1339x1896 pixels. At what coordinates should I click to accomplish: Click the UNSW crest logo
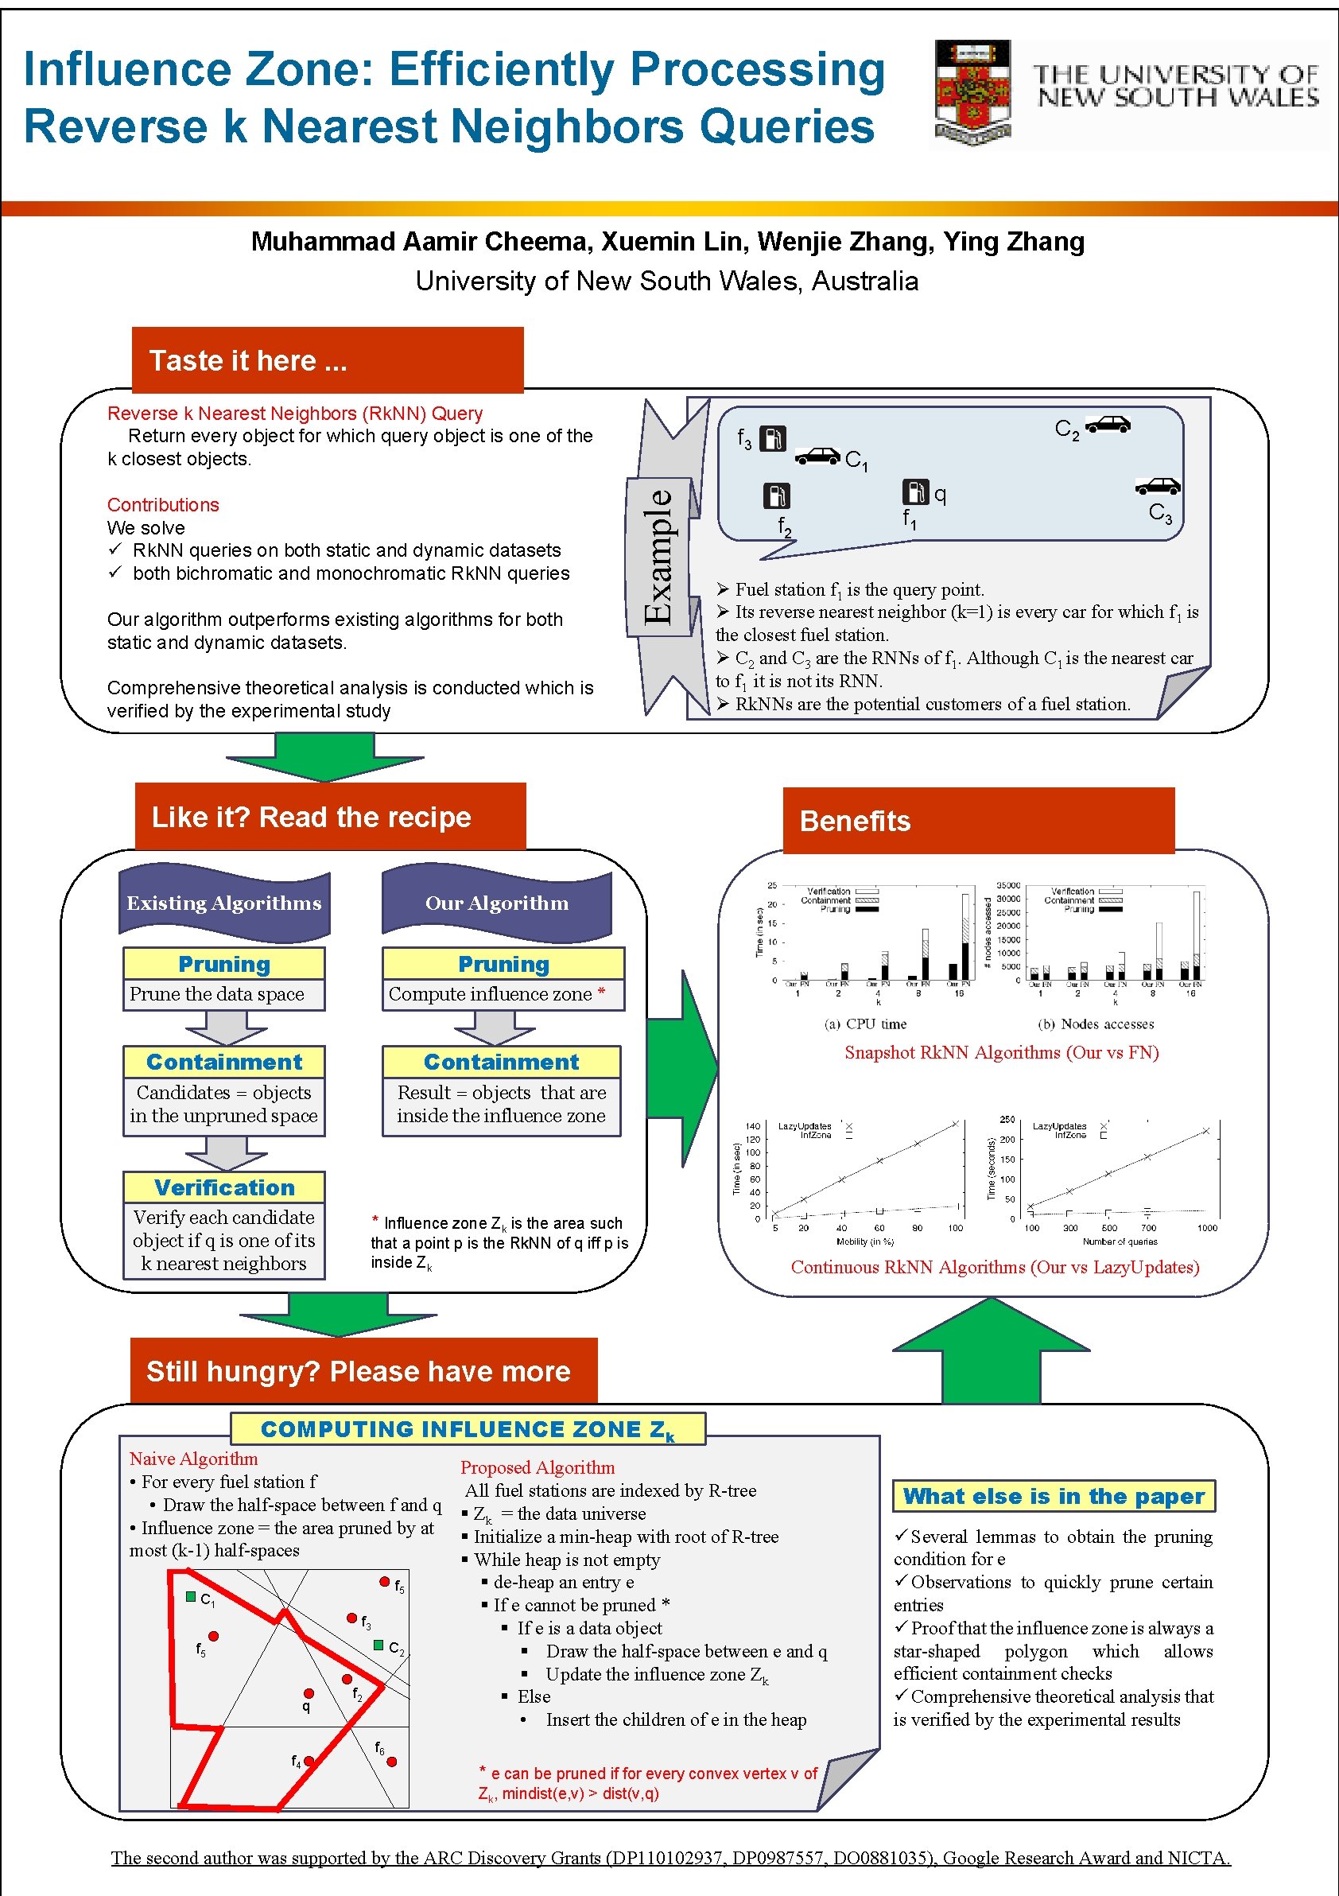(x=972, y=91)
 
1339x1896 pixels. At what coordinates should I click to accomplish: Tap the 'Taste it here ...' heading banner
(x=327, y=360)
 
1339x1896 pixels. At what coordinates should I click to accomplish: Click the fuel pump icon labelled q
(x=914, y=491)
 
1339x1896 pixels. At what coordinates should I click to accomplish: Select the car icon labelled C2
(x=1107, y=424)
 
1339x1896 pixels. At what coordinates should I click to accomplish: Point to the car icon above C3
(x=1158, y=486)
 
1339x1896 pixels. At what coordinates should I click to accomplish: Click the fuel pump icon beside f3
(x=772, y=437)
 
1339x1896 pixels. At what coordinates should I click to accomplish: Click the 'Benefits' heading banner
(x=977, y=820)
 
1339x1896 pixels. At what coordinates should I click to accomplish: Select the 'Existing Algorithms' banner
(x=223, y=903)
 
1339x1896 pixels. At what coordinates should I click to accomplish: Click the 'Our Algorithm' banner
(x=496, y=903)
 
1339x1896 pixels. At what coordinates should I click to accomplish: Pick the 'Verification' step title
(x=223, y=1187)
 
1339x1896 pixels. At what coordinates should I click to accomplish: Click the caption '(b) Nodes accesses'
(x=1096, y=1024)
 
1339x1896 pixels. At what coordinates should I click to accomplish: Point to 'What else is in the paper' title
(x=1054, y=1495)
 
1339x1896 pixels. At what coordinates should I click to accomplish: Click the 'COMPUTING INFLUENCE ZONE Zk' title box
(x=468, y=1429)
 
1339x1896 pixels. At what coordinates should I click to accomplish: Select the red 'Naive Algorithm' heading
(x=193, y=1459)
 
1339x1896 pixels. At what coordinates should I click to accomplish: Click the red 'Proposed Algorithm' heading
(x=538, y=1467)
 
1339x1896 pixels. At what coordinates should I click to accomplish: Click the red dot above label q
(x=309, y=1693)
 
